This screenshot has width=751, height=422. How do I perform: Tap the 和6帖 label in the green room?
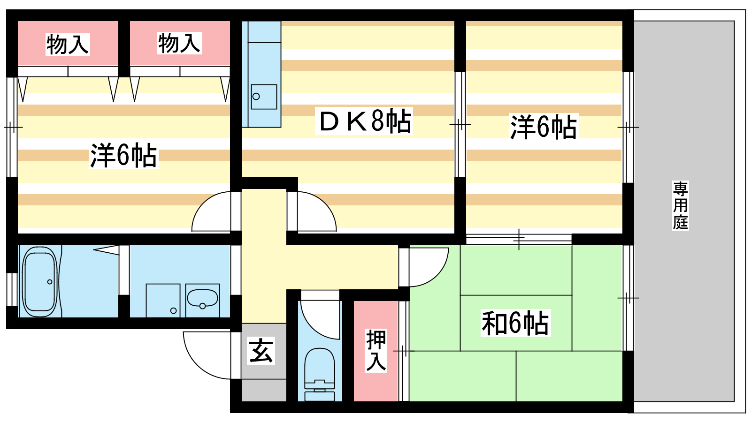click(x=515, y=323)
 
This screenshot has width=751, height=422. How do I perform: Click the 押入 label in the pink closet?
click(x=376, y=351)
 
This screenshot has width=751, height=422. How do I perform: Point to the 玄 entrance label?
click(x=261, y=351)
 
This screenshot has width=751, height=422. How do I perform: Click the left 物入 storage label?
click(x=68, y=44)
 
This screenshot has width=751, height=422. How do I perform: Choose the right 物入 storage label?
click(x=179, y=43)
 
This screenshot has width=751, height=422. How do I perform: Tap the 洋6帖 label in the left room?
click(x=123, y=155)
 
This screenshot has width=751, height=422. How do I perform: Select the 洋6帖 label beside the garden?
click(x=544, y=127)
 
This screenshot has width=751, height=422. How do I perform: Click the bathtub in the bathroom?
click(x=39, y=282)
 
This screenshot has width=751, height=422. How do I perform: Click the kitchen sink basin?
click(x=264, y=97)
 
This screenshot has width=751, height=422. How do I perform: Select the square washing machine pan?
click(x=163, y=301)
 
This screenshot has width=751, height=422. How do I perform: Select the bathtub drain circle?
click(x=50, y=282)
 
